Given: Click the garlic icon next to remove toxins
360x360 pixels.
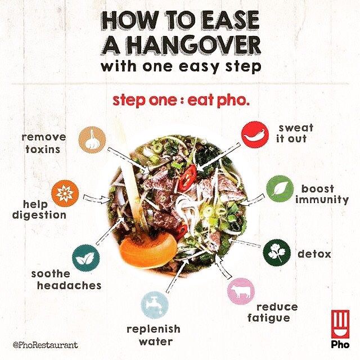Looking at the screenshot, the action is (92, 139).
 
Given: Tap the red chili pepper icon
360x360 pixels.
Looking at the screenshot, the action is (255, 134).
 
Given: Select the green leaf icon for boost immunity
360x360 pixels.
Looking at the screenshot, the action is (280, 189).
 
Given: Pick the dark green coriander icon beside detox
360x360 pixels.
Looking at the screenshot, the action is (277, 253).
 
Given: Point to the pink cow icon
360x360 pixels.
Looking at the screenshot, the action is (241, 291).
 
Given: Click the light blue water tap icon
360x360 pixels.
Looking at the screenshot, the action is (155, 305).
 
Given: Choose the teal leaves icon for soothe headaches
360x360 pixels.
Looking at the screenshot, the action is (85, 258).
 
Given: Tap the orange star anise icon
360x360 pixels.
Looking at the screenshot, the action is (65, 193).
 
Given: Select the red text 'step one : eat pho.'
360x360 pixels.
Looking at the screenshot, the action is (181, 101).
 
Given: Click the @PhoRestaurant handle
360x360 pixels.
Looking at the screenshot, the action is (46, 345).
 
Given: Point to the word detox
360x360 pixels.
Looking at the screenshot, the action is (314, 254).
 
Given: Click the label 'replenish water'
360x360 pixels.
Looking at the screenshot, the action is (154, 335).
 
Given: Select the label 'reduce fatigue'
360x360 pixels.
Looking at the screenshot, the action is (272, 313).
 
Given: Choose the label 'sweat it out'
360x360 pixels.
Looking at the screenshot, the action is (295, 133).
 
